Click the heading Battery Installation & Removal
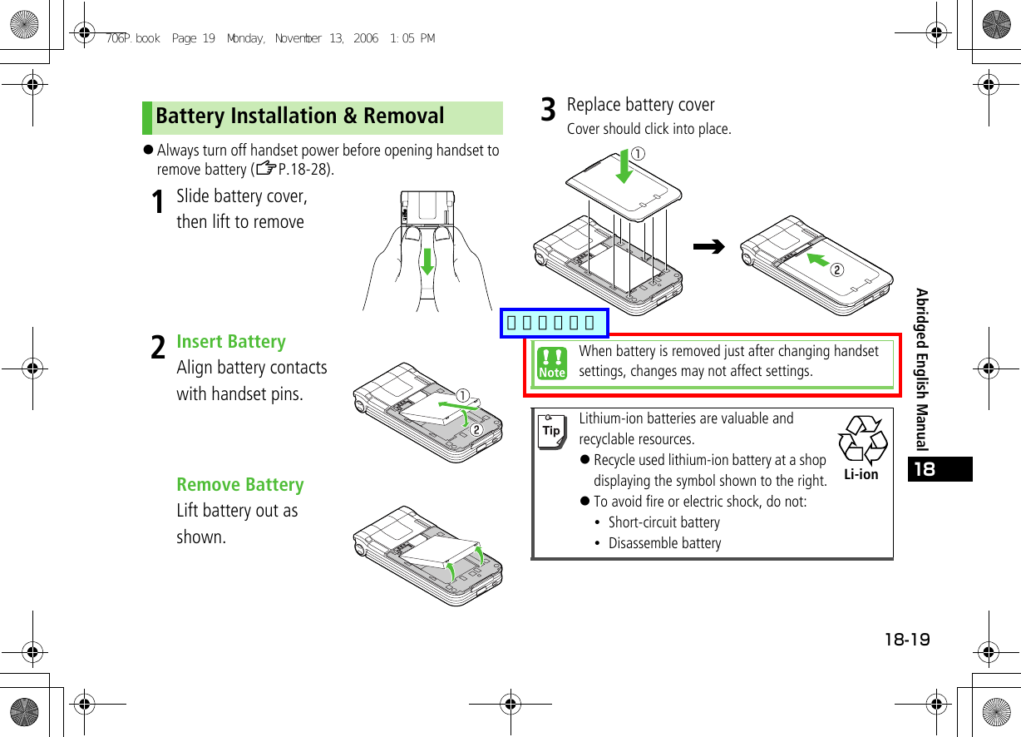[300, 116]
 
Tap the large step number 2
[157, 349]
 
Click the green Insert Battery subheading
[231, 342]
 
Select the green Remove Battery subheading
[240, 485]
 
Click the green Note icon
[551, 364]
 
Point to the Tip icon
[550, 431]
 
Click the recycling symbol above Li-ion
[862, 440]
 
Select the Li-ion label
[861, 475]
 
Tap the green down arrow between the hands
[427, 260]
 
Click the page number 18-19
[907, 640]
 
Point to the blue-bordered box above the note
[554, 323]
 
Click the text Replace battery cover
[640, 105]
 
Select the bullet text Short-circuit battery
[663, 522]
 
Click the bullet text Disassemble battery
[664, 543]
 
